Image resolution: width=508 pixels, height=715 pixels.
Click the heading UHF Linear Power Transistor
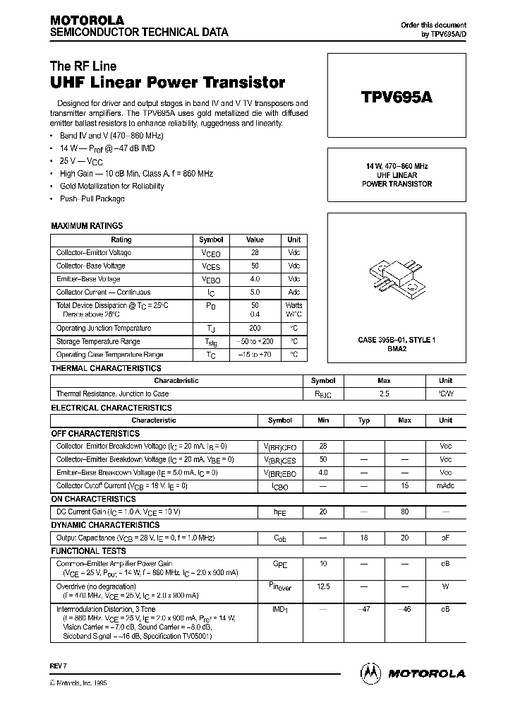pyautogui.click(x=168, y=83)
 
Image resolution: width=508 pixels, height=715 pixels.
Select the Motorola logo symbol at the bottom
pyautogui.click(x=370, y=673)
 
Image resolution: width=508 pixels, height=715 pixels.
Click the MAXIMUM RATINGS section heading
pyautogui.click(x=87, y=226)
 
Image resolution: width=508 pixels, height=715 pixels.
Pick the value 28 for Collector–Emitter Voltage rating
pyautogui.click(x=255, y=253)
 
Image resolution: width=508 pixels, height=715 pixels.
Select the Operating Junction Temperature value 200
pyautogui.click(x=255, y=329)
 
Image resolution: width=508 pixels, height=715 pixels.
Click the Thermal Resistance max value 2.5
pyautogui.click(x=384, y=394)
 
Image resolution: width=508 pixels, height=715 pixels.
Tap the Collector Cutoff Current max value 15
pyautogui.click(x=404, y=486)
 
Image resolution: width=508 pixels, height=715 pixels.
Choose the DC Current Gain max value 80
pyautogui.click(x=404, y=512)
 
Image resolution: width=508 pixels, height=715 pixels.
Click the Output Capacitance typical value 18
pyautogui.click(x=364, y=538)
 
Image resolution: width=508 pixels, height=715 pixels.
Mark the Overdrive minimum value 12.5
pyautogui.click(x=324, y=586)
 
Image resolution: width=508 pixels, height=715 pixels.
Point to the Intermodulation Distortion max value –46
pyautogui.click(x=404, y=608)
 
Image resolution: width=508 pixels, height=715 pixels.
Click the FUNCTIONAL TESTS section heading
pyautogui.click(x=89, y=551)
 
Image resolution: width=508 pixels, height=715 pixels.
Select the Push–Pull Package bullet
pyautogui.click(x=92, y=199)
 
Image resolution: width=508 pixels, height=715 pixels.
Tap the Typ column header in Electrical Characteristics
pyautogui.click(x=364, y=420)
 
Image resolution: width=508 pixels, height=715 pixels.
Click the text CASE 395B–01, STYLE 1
pyautogui.click(x=397, y=341)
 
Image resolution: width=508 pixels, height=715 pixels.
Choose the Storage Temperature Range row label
pyautogui.click(x=99, y=341)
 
